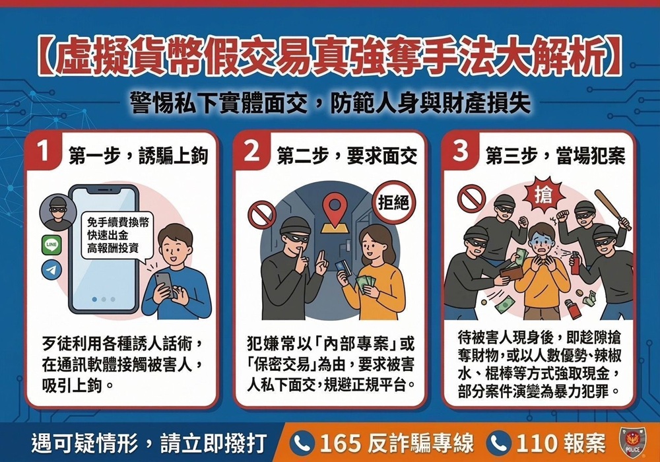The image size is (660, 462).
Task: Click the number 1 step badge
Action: tap(44, 152)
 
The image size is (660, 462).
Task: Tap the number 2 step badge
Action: tap(252, 152)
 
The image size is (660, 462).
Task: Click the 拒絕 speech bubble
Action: tap(392, 203)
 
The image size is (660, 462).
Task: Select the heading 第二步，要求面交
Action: tap(347, 155)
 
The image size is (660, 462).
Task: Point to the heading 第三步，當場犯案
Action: tap(555, 155)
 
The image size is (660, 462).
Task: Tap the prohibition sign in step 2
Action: tap(261, 214)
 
